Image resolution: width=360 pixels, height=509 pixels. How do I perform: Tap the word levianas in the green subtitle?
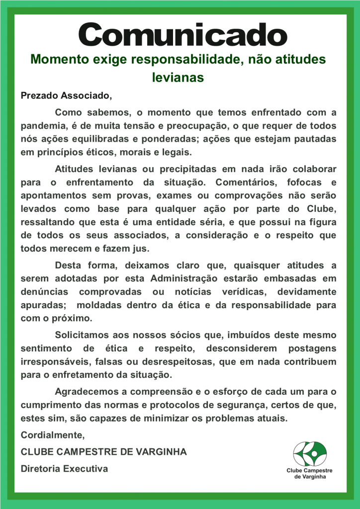pos(178,78)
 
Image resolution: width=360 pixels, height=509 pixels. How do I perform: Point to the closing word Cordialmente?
pos(53,435)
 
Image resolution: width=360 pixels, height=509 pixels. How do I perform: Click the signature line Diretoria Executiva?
pos(64,469)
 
